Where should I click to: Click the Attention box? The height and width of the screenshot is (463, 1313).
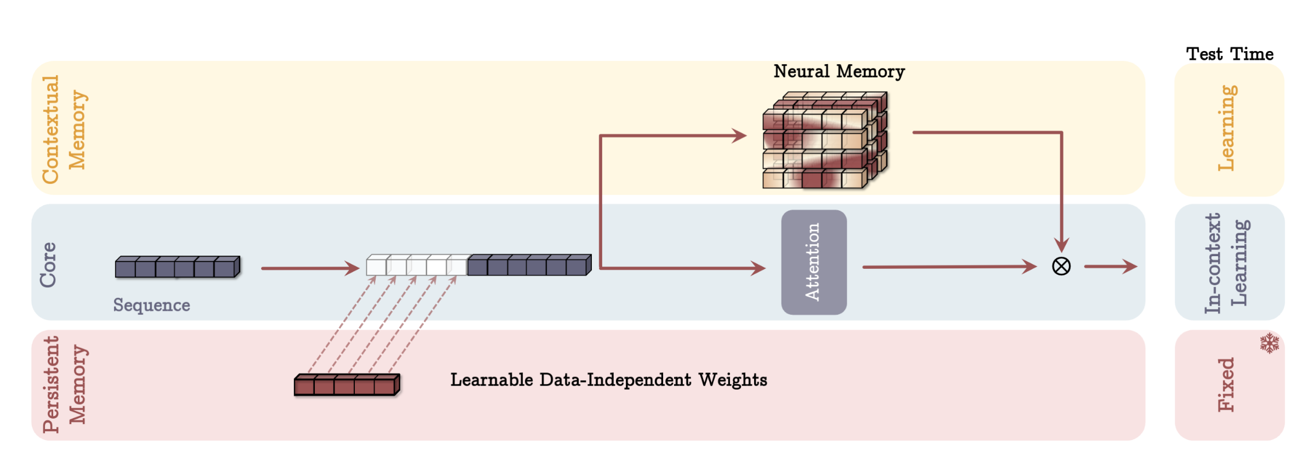pos(813,262)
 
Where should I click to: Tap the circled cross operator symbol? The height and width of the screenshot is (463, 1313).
pos(1061,266)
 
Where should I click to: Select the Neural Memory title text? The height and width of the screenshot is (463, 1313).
pos(839,71)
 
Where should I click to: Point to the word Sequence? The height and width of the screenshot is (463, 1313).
pos(151,305)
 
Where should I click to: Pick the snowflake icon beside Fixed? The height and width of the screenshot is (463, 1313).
pos(1269,343)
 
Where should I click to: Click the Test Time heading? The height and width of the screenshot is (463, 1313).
pos(1230,54)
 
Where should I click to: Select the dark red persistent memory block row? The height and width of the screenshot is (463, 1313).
pos(347,385)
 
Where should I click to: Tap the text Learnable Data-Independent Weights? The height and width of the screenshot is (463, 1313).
pos(608,380)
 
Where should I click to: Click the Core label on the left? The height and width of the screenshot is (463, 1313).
pos(48,264)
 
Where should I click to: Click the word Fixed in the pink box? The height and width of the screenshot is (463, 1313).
pos(1226,385)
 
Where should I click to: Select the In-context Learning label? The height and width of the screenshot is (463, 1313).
pos(1227,263)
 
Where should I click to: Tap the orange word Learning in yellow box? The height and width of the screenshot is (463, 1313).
pos(1227,128)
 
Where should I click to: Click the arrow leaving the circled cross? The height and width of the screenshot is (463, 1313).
pos(1110,267)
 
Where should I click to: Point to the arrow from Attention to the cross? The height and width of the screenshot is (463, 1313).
pos(949,267)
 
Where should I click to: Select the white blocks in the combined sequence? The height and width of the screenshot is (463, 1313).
pos(417,266)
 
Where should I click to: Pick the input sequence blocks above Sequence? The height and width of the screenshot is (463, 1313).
pos(177,267)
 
